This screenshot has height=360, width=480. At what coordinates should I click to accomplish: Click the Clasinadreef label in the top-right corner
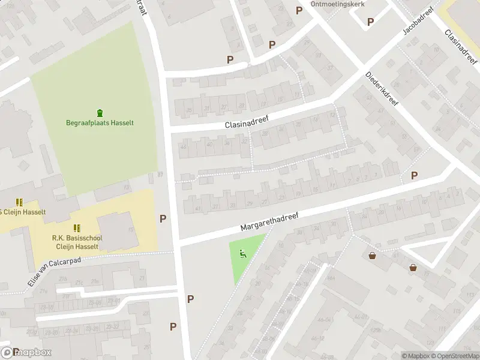[x=461, y=46]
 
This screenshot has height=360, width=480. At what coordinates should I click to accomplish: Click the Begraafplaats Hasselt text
[x=100, y=123]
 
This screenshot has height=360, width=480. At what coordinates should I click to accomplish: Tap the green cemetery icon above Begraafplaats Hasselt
[x=100, y=112]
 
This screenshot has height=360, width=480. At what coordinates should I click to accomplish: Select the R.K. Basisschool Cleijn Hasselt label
[x=77, y=242]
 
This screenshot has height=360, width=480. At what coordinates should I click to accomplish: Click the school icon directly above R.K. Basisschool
[x=77, y=228]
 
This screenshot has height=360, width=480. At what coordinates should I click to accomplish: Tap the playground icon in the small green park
[x=242, y=253]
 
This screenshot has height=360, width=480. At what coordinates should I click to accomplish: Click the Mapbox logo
[x=27, y=352]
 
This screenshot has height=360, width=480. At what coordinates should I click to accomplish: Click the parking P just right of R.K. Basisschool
[x=163, y=218]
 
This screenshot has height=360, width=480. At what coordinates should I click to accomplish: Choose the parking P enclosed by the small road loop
[x=370, y=22]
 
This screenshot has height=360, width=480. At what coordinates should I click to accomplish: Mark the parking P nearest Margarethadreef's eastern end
[x=414, y=175]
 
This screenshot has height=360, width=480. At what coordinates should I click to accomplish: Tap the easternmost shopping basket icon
[x=413, y=268]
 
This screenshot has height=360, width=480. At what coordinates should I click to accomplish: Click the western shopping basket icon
[x=373, y=256]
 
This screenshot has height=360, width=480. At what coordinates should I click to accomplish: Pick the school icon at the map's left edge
[x=19, y=202]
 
